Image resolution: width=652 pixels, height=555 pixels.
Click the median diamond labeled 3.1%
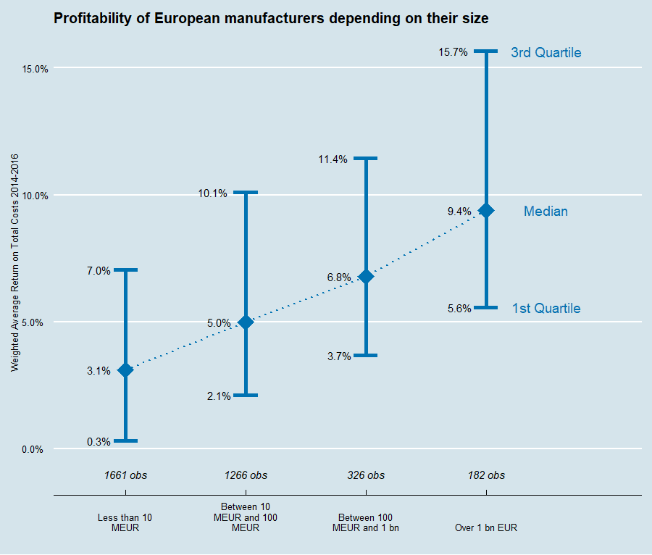coord(125,370)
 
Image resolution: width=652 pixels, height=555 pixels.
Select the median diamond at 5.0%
coord(246,322)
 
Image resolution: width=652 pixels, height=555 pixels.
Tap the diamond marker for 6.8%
coord(366,276)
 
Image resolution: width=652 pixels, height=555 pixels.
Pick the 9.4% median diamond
coord(486,210)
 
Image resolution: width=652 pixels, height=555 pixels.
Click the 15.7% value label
coord(453,52)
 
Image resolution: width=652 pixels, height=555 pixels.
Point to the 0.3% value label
coord(98,441)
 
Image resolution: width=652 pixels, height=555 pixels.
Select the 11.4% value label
coord(333,159)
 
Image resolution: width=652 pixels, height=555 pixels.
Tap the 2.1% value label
coord(218,396)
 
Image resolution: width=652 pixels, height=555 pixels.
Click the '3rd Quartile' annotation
coord(546,52)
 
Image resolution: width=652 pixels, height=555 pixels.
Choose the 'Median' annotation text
coord(546,212)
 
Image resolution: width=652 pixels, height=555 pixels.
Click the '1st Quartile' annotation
coord(546,309)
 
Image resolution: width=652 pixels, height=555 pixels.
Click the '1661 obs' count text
coord(125,475)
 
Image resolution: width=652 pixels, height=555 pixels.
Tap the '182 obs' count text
coord(486,475)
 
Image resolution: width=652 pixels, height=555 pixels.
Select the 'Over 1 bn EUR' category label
coord(486,528)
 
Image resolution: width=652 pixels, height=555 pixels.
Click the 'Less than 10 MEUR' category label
coord(125,523)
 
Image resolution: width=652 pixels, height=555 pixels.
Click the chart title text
coord(271,19)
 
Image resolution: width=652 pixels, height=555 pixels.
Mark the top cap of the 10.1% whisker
coord(246,192)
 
